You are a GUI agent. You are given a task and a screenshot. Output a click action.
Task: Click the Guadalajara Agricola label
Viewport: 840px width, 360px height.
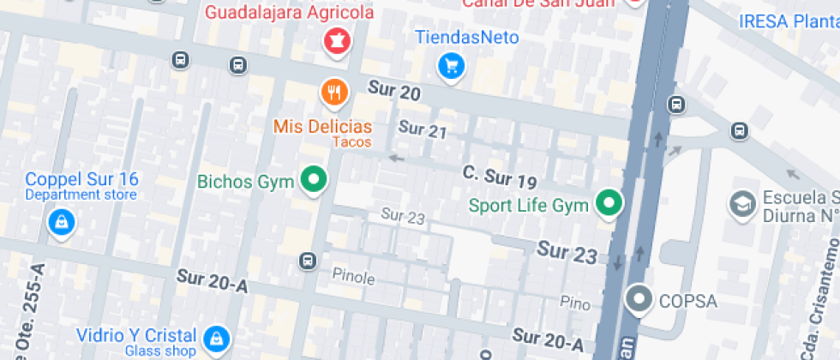click(290, 13)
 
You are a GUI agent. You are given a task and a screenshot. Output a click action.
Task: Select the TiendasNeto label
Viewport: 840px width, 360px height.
click(467, 37)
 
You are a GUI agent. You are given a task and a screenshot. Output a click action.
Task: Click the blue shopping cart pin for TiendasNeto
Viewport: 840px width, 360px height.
click(451, 66)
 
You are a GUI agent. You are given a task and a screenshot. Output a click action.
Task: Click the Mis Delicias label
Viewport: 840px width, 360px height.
click(322, 126)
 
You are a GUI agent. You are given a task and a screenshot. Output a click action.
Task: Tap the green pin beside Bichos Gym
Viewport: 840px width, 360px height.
click(315, 181)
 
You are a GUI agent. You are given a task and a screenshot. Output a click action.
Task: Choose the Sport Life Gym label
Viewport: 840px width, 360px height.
click(528, 206)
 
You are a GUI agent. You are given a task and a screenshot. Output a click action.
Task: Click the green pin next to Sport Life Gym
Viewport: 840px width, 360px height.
click(609, 204)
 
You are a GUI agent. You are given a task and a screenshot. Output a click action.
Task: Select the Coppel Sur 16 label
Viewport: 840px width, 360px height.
click(81, 179)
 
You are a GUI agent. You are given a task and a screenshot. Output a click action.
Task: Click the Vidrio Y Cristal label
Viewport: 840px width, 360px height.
click(136, 334)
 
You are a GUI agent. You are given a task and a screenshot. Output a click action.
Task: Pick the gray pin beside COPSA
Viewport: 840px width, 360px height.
click(639, 300)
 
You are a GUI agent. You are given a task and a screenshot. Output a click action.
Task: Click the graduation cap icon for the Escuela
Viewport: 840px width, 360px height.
click(741, 205)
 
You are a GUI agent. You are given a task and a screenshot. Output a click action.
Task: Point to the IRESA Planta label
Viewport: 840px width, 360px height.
click(789, 21)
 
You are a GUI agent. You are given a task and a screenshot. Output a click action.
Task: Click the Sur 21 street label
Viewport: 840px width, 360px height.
click(423, 130)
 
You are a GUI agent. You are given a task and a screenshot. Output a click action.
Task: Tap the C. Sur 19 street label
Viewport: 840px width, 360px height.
click(500, 177)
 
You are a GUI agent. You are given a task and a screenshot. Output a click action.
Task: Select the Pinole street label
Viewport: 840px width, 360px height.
click(353, 277)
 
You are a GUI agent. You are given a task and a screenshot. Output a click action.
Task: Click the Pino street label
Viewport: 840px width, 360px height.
click(575, 302)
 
